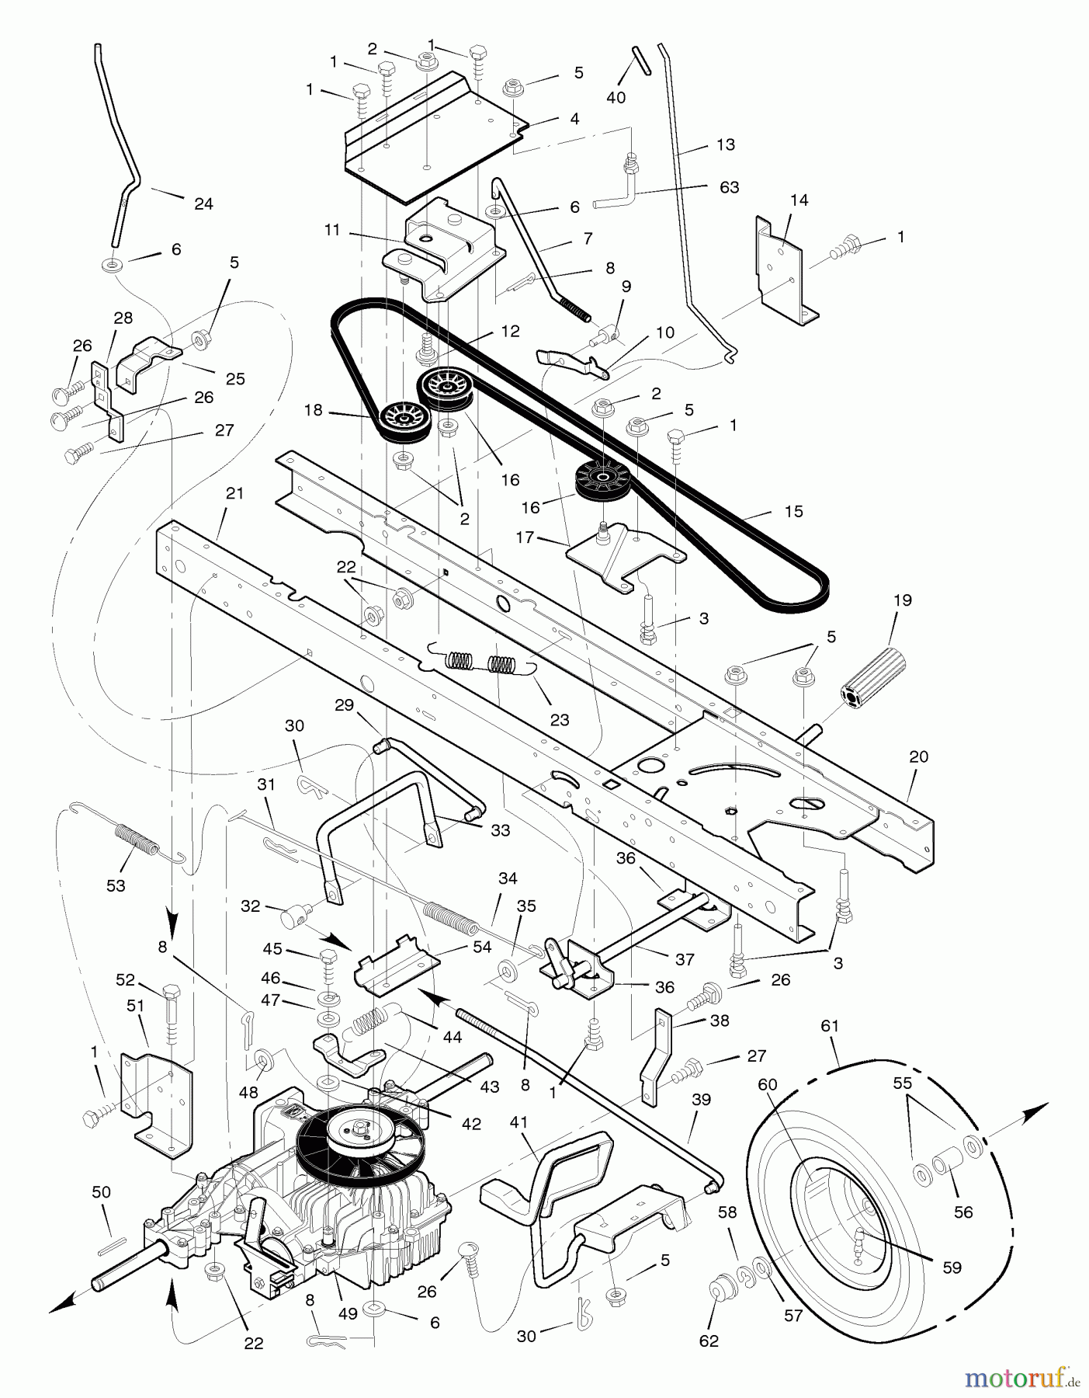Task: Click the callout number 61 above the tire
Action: (x=830, y=1025)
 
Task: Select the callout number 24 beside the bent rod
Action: (x=203, y=203)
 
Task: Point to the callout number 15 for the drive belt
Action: (x=793, y=511)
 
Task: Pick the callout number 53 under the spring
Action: (x=116, y=885)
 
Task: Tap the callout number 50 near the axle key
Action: (x=101, y=1192)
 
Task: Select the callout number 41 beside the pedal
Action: (x=518, y=1122)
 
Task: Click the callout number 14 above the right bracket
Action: (x=799, y=200)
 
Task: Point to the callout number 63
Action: (x=729, y=187)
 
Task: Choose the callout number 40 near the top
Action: (x=616, y=97)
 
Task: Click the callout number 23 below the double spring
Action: (x=559, y=719)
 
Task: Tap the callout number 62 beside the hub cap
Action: (x=709, y=1341)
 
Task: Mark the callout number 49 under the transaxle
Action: (x=348, y=1313)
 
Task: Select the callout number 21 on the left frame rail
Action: (x=234, y=493)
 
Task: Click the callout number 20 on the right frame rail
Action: (x=918, y=756)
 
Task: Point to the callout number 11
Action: (x=332, y=230)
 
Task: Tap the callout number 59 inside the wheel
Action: (x=952, y=1268)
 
